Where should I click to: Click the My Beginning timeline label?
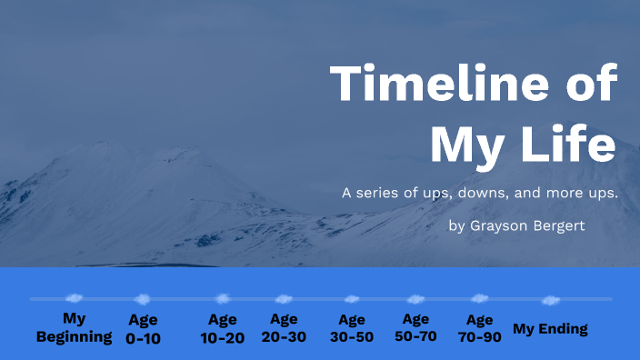tap(74, 328)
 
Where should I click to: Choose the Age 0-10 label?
tap(143, 329)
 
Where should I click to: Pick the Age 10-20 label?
tap(223, 328)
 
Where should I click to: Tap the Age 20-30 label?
tap(284, 328)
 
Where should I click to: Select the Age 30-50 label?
tap(352, 328)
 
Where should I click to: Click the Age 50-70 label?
tap(415, 328)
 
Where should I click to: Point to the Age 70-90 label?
tap(479, 328)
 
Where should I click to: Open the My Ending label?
tap(550, 329)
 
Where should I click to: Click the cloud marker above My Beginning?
tap(75, 297)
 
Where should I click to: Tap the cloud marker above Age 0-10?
tap(142, 298)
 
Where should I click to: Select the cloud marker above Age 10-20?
tap(223, 298)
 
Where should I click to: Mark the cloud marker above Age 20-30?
tap(284, 298)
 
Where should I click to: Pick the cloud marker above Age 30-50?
tap(352, 298)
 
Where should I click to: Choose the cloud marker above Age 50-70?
tap(415, 298)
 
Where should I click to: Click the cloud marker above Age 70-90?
tap(479, 298)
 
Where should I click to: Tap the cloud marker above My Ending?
tap(550, 299)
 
